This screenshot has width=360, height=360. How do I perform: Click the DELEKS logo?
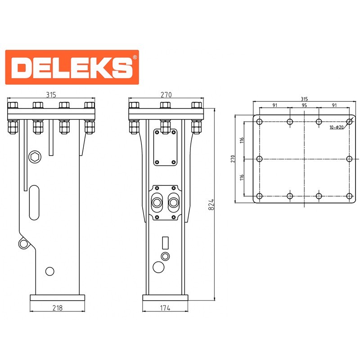coord(72,67)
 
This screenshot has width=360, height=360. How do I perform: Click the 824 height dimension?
coord(211,204)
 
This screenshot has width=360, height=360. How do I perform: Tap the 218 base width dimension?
coord(58,308)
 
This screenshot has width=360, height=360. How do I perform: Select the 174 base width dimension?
coord(165,308)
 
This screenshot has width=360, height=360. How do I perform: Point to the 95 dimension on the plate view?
coord(304,105)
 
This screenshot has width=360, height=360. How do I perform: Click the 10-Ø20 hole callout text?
coord(337,127)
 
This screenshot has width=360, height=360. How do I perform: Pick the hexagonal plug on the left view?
coord(35,157)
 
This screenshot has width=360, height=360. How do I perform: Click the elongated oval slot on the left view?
coord(34,202)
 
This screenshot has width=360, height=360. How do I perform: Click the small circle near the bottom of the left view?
coord(50,271)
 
